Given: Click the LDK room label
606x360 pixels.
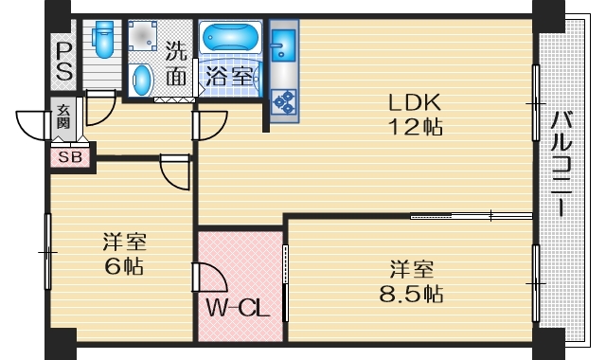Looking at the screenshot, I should pos(414,102).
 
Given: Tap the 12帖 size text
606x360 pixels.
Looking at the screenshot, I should pos(414,125).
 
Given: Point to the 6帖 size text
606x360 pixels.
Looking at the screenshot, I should pos(124,266).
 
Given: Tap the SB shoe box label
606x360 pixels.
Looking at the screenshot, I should pos(71,157).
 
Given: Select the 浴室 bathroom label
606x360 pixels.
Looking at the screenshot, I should pos(228,77).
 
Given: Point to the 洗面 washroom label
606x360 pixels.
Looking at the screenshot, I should pos(175,64).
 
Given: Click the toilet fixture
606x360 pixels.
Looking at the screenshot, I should pos(103,39).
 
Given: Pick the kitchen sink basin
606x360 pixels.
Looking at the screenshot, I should pos(284,45).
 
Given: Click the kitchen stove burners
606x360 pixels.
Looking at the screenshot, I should pos(284,98).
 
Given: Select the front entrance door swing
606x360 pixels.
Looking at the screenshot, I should pos(33,124).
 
